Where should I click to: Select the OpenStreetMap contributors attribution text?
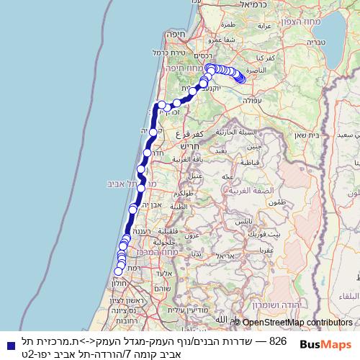pyautogui.click(x=297, y=323)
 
